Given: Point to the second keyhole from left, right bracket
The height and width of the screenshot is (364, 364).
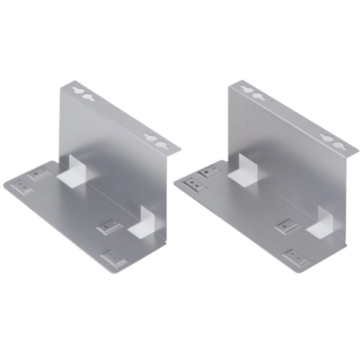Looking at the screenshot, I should pos(259,96).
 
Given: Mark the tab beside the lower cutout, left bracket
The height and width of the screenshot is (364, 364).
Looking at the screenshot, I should pos(110,226).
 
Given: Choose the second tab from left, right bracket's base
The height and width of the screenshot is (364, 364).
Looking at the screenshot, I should pos(211,172).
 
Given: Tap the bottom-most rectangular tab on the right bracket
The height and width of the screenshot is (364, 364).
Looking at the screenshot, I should pos(296,258).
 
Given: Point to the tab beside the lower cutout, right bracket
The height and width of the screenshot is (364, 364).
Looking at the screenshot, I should pos(286,227).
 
